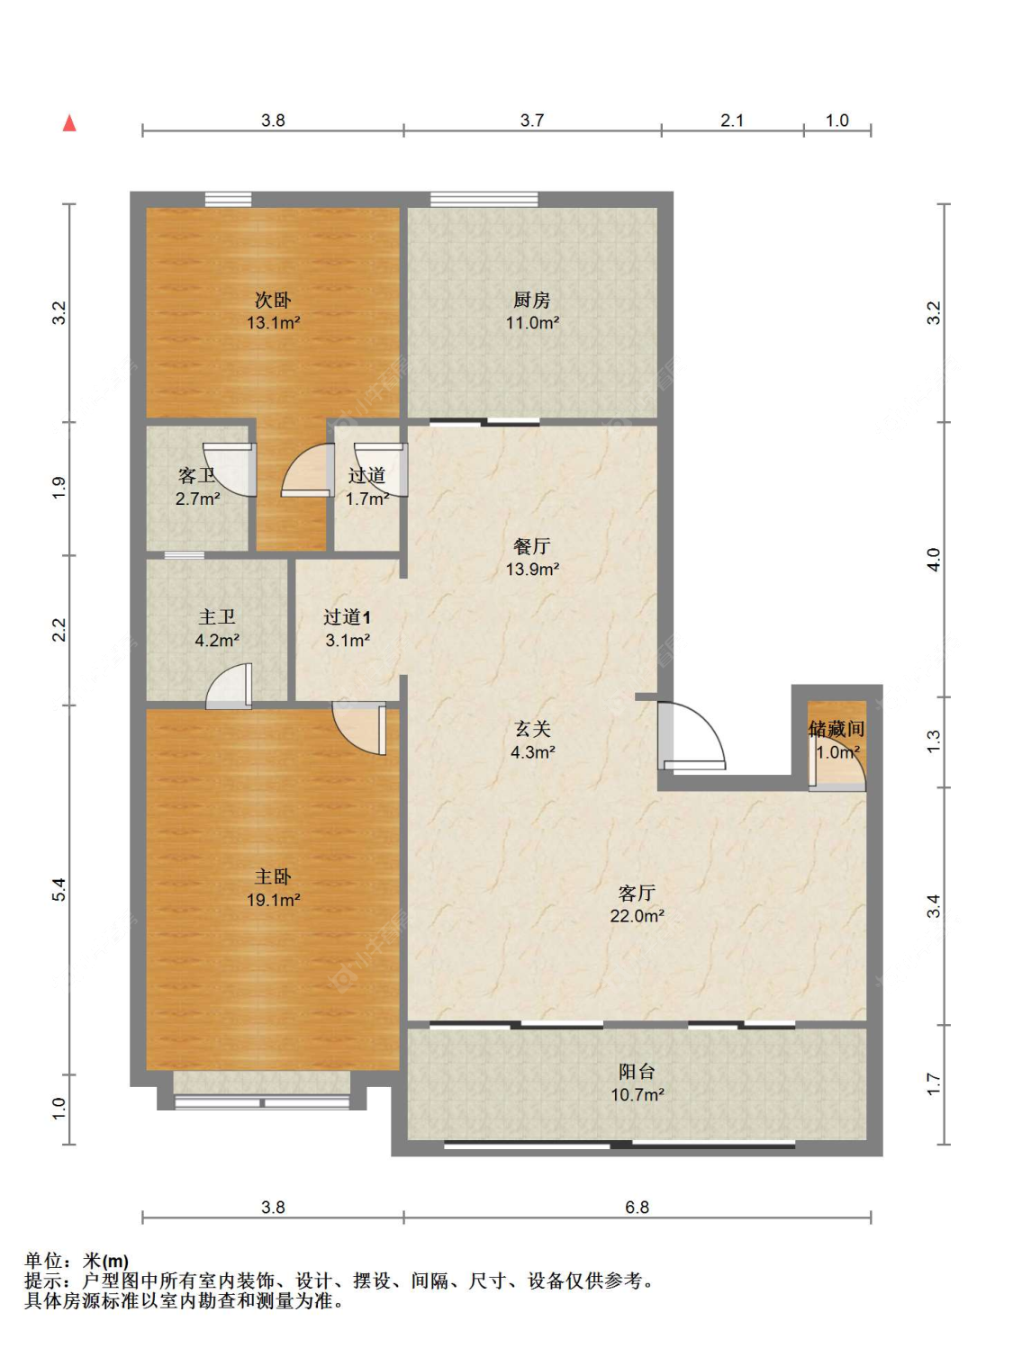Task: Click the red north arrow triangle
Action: point(69,123)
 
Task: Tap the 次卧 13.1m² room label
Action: point(274,310)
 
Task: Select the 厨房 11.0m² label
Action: point(532,310)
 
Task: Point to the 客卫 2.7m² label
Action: point(197,487)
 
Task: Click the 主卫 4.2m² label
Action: point(217,628)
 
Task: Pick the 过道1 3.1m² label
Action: point(347,628)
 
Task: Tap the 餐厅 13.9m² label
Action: point(532,558)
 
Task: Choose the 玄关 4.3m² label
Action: point(532,740)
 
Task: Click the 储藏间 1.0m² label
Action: point(837,740)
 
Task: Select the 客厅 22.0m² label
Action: point(637,904)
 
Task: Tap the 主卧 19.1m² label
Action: point(274,888)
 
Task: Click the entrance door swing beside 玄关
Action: point(692,736)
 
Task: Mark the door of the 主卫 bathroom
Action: point(229,686)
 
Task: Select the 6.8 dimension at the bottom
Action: point(637,1208)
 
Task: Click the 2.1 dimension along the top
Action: point(732,121)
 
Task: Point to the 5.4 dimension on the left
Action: point(59,890)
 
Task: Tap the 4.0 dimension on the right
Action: point(933,560)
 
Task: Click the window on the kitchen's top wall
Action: point(484,199)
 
